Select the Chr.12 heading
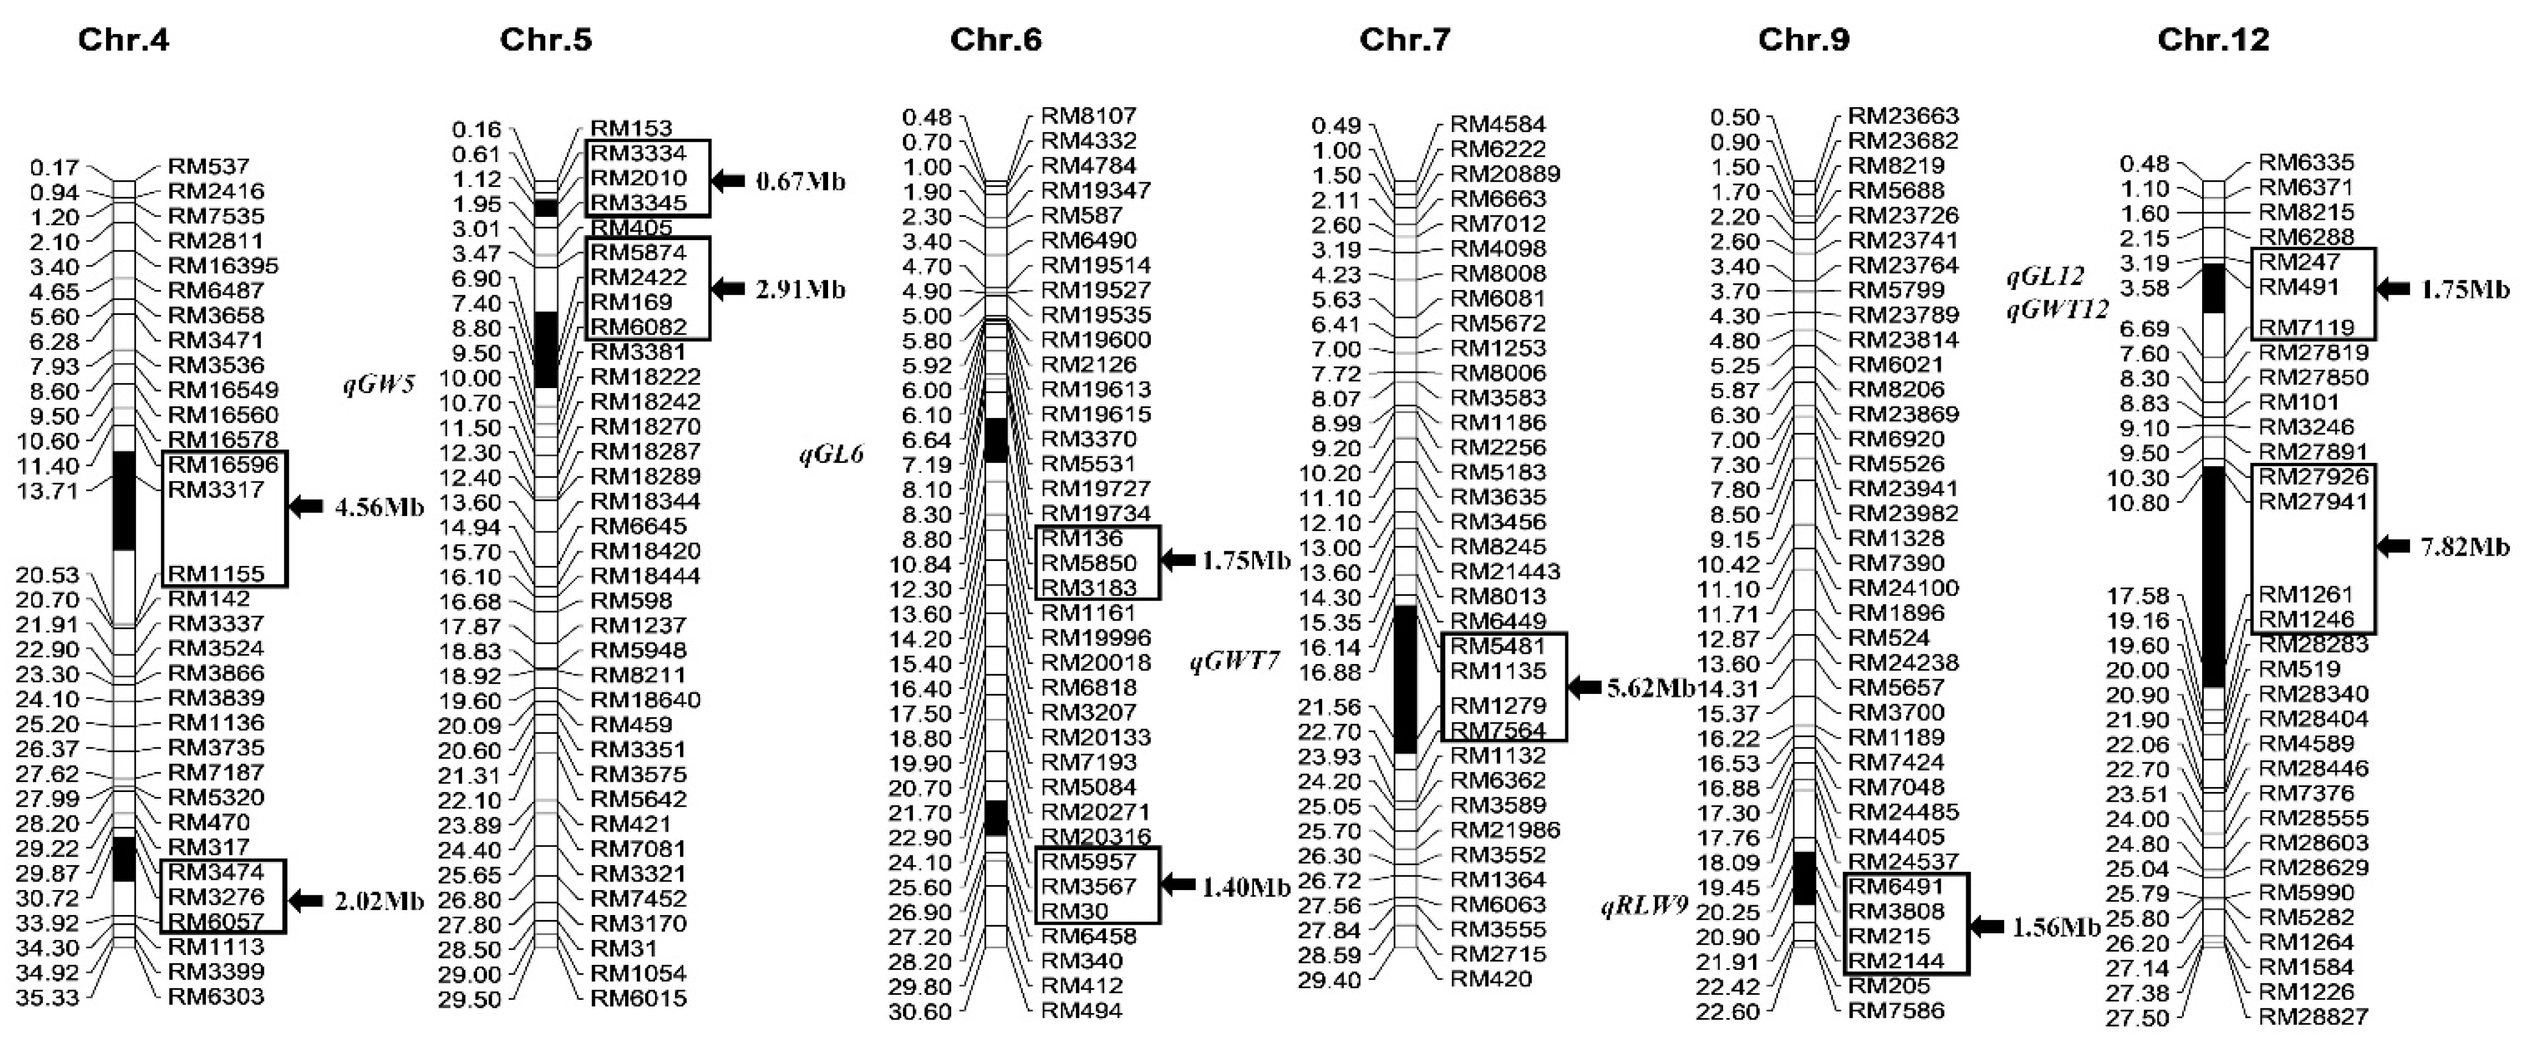coord(2214,40)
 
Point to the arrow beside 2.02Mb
coord(306,900)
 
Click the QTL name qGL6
coord(831,454)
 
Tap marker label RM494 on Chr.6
coord(1082,1009)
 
